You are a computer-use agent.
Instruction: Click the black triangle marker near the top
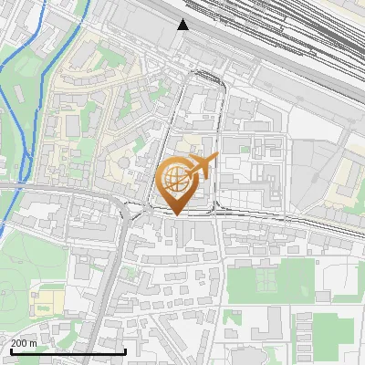183,25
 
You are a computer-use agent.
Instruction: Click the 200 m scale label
24,342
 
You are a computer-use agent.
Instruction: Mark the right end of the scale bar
125,351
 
